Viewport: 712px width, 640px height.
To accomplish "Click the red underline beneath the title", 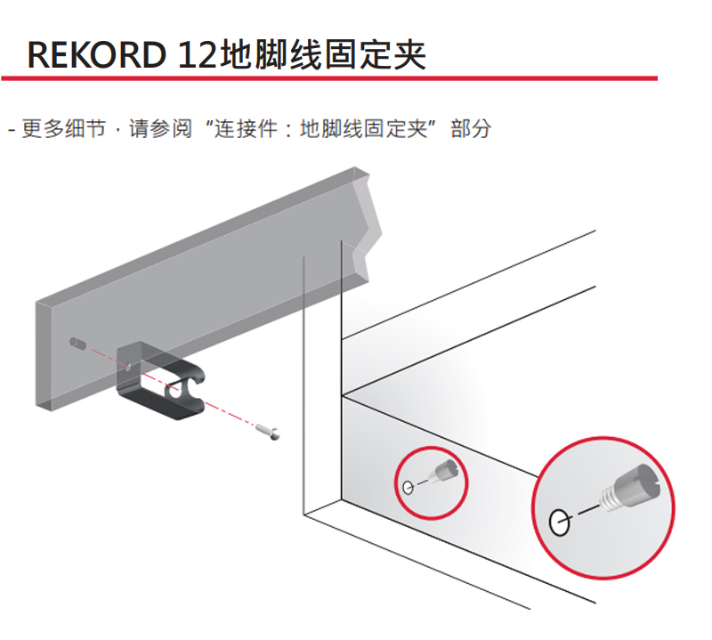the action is tap(329, 79).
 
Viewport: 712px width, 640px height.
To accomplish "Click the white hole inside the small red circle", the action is tap(408, 487).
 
